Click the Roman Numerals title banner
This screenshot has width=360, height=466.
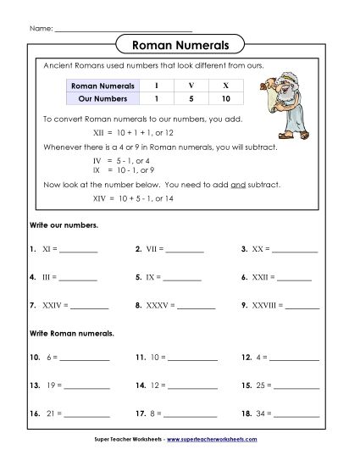pyautogui.click(x=180, y=45)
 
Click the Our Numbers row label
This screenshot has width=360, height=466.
pyautogui.click(x=96, y=98)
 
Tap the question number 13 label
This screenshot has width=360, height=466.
pyautogui.click(x=35, y=386)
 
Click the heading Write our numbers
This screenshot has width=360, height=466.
pyautogui.click(x=58, y=226)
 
